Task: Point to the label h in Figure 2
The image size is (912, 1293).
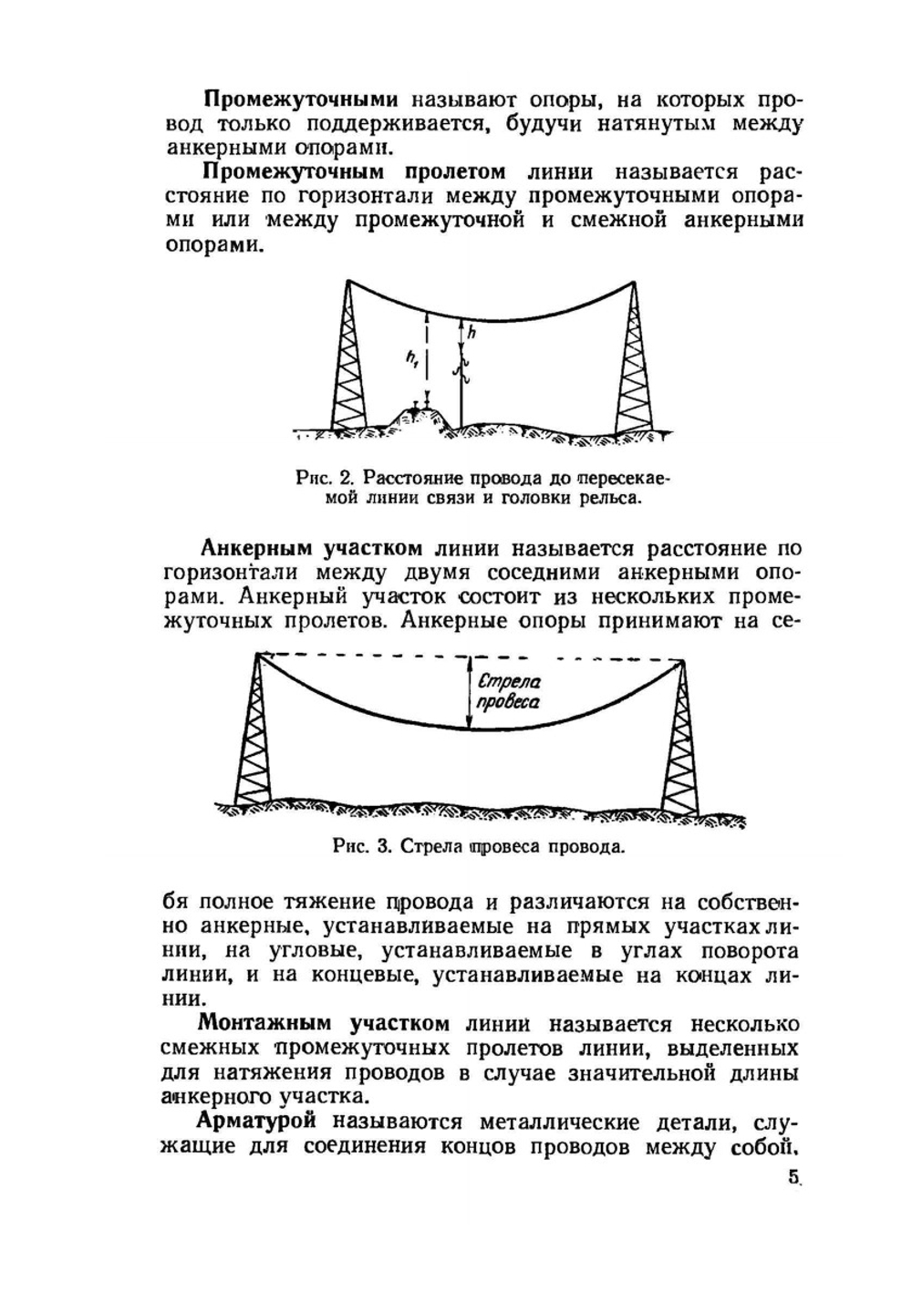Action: click(472, 333)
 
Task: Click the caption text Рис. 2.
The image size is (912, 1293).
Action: click(323, 478)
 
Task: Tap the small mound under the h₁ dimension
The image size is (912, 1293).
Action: click(417, 418)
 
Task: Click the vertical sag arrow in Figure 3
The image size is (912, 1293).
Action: click(469, 693)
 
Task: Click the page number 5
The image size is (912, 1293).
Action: click(793, 1175)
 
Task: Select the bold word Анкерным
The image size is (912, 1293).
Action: click(256, 548)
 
